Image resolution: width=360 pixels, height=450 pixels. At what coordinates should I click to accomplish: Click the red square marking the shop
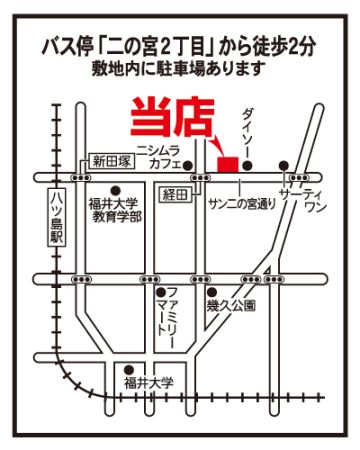(228, 164)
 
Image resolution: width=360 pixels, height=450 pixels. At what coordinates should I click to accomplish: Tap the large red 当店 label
(172, 117)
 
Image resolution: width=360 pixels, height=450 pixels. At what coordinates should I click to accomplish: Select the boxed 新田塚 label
(112, 162)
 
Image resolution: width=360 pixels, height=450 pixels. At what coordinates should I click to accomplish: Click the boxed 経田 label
(176, 194)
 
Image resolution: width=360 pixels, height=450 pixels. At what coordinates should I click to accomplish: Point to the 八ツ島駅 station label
(56, 218)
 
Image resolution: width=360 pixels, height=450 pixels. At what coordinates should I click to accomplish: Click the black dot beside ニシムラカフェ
(188, 164)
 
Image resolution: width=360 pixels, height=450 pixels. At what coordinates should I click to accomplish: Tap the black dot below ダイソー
(247, 165)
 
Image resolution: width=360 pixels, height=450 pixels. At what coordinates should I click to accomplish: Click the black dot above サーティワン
(284, 165)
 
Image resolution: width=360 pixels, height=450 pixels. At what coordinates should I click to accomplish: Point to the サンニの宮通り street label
(242, 204)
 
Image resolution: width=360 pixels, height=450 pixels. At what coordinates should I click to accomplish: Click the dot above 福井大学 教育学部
(115, 190)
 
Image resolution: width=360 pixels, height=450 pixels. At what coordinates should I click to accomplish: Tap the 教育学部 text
(117, 217)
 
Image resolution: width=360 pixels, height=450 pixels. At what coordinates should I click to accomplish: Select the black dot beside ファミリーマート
(161, 292)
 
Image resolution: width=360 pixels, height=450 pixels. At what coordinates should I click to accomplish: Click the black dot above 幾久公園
(211, 292)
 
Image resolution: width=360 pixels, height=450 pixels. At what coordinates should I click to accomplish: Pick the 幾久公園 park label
(231, 305)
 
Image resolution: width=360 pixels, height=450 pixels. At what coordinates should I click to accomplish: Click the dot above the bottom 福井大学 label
(128, 370)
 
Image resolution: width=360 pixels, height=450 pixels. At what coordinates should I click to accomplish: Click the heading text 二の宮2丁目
(155, 47)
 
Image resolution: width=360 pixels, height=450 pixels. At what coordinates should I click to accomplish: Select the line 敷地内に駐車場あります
(179, 69)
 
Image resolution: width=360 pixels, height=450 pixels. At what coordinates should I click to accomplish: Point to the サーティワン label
(303, 200)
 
